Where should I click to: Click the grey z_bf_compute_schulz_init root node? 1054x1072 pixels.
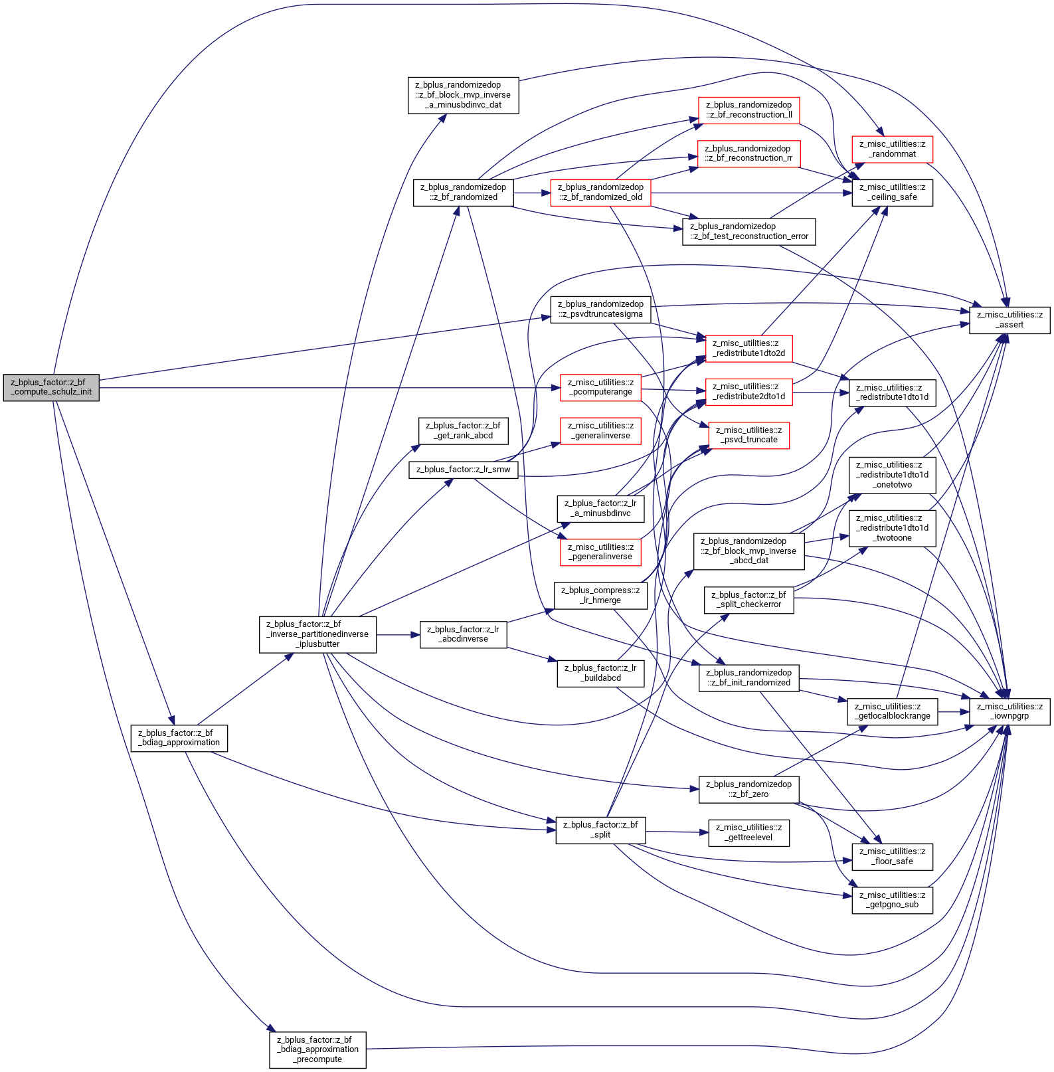tap(51, 387)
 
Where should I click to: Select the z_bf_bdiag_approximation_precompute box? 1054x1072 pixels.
tap(317, 1049)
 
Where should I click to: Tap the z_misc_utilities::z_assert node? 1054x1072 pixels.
tap(1010, 320)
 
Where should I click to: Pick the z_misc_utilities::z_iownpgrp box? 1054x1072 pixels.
tap(1010, 711)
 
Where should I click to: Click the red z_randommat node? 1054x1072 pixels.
tap(893, 149)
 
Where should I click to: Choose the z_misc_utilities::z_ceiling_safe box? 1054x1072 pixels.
tap(893, 193)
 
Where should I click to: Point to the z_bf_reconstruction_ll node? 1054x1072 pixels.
tap(749, 110)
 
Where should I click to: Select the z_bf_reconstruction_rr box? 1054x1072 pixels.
tap(748, 153)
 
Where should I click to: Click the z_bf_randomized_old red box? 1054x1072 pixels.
tap(600, 193)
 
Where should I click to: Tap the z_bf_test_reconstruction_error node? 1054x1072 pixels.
tap(749, 232)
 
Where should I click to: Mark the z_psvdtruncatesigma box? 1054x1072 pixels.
tap(600, 310)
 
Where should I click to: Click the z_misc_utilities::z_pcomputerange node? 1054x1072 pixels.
tap(600, 387)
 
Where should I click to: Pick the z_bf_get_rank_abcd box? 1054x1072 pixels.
tap(464, 431)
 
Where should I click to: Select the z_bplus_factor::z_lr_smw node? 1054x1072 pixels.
tap(464, 470)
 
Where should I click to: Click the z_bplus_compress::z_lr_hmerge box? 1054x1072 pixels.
tap(600, 596)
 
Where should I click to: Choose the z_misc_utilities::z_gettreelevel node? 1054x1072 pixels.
tap(749, 833)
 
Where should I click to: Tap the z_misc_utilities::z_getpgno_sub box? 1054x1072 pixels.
tap(893, 900)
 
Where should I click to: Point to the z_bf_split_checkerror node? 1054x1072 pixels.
tap(749, 600)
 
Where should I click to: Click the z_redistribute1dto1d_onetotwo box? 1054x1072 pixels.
tap(893, 475)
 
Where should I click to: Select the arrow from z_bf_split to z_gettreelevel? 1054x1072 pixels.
tap(677, 832)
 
